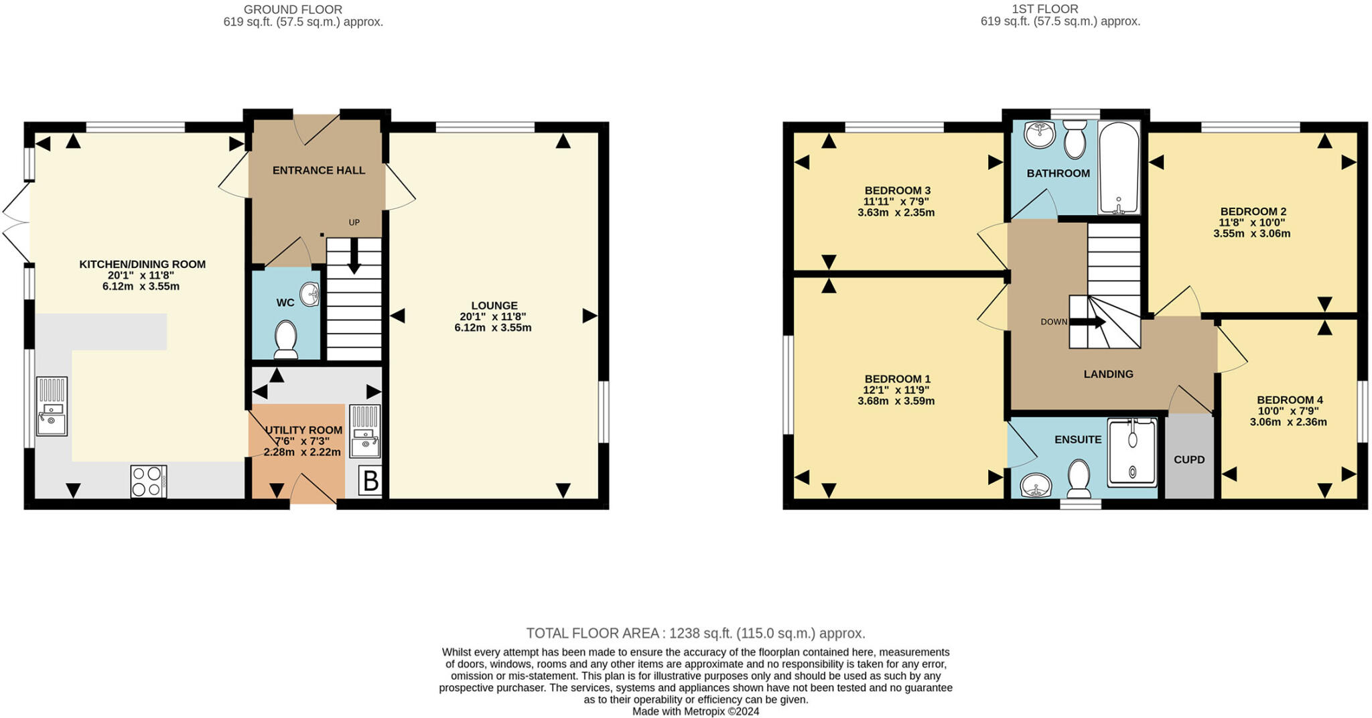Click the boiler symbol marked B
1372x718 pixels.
click(370, 481)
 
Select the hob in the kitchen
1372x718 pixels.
click(149, 481)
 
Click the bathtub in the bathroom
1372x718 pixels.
click(1119, 167)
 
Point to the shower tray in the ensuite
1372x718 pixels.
click(1132, 453)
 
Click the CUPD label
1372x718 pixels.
click(1189, 459)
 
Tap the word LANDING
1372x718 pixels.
click(1109, 374)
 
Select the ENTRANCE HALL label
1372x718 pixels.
click(319, 170)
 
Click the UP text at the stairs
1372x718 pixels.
click(354, 222)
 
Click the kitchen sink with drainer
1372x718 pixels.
click(52, 406)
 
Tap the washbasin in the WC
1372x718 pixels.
click(310, 294)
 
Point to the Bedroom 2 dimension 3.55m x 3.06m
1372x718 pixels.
click(1251, 234)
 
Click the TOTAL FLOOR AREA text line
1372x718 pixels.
click(695, 633)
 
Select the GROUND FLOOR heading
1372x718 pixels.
click(293, 9)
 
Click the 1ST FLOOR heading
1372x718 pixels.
click(1044, 9)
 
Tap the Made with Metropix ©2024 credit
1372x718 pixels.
click(695, 711)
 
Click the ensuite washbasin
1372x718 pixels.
click(1036, 485)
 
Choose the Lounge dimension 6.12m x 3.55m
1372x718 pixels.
click(493, 328)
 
